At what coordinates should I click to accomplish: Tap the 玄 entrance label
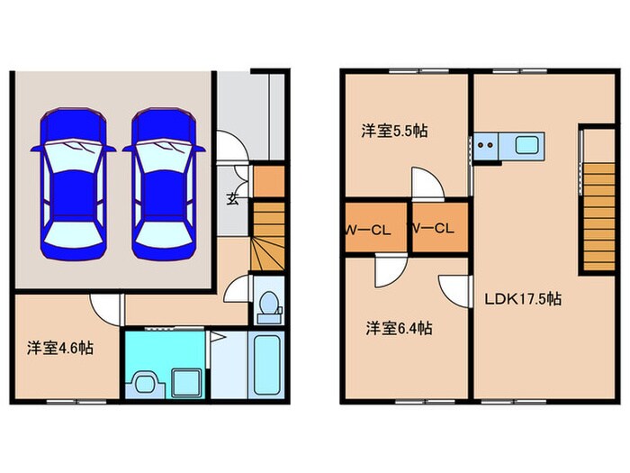pyautogui.click(x=232, y=198)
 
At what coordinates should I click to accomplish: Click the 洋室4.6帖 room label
pyautogui.click(x=59, y=347)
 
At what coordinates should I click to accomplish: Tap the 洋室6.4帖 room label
pyautogui.click(x=398, y=328)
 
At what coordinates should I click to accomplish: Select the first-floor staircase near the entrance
pyautogui.click(x=267, y=236)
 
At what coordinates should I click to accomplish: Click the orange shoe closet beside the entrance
pyautogui.click(x=267, y=181)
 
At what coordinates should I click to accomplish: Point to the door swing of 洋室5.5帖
pyautogui.click(x=426, y=183)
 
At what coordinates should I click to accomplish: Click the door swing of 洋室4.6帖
pyautogui.click(x=109, y=308)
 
